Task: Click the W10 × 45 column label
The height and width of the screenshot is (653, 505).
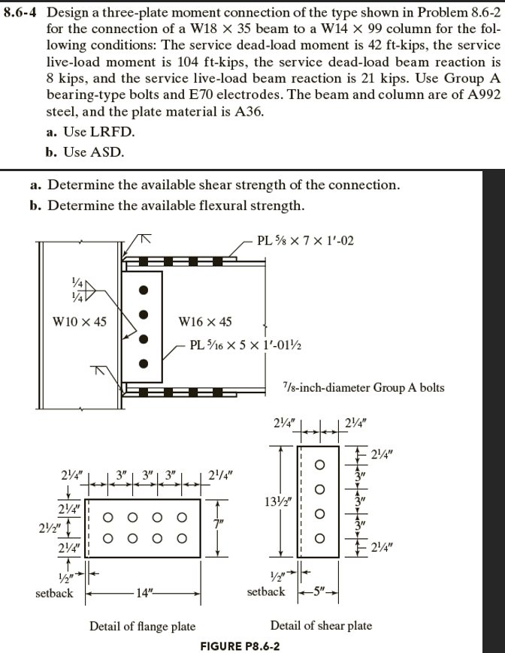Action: [79, 322]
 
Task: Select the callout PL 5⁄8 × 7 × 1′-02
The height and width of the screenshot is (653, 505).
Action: [304, 241]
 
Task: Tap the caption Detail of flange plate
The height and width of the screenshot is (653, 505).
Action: [142, 626]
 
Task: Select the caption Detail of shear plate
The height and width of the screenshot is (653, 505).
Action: [321, 626]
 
